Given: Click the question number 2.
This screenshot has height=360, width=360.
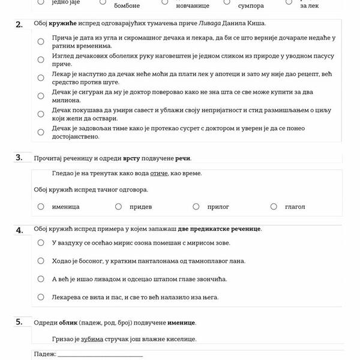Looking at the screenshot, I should coord(19,24).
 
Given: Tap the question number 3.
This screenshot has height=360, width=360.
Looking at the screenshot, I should coord(19,158).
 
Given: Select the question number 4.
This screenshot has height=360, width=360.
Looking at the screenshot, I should coord(19,230).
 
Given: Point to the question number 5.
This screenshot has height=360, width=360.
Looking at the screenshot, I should coord(19,322).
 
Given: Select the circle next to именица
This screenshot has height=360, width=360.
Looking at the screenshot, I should coord(41,206).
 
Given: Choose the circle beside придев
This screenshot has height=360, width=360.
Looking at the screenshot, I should coord(118,206).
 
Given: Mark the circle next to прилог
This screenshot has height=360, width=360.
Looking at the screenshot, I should coord(196,206).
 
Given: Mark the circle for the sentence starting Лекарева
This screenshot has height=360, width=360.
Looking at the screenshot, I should coord(41,296).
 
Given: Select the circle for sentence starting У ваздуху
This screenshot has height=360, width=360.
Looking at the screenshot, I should coord(41,242).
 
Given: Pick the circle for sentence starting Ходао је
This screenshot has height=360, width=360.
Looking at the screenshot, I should coord(41,260).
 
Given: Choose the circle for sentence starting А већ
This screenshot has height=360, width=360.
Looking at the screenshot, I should coord(41,278).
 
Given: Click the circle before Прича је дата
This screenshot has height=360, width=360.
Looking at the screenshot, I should coord(41,41).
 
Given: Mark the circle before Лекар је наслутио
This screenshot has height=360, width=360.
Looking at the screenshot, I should coord(41,77).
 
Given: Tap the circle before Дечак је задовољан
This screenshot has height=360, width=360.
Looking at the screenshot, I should coord(41,132).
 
